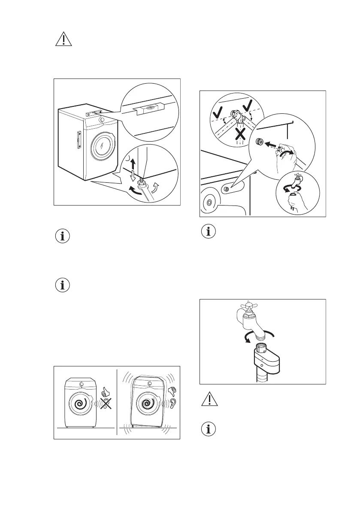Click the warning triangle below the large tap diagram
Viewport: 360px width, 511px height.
coord(209,401)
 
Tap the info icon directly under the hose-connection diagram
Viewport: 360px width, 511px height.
coord(209,232)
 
